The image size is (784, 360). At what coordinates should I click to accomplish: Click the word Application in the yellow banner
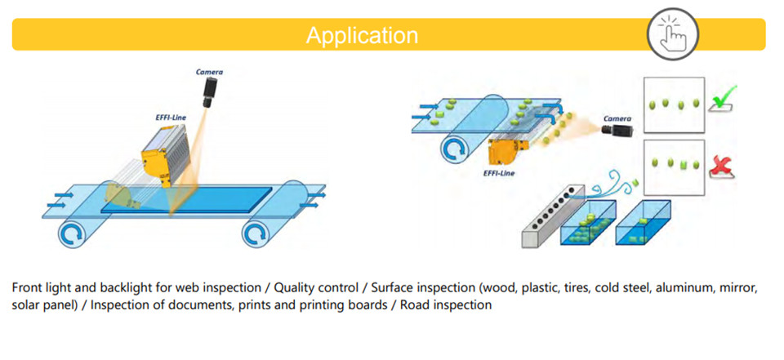click(362, 35)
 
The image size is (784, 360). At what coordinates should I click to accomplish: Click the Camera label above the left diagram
click(210, 72)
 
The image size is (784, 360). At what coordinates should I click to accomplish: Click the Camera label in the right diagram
click(617, 119)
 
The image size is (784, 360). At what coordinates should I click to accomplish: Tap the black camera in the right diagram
click(617, 130)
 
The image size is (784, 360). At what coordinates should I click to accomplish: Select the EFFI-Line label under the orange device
click(499, 174)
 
